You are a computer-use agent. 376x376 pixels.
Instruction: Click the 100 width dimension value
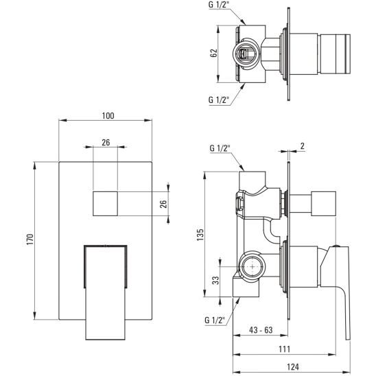coord(107,116)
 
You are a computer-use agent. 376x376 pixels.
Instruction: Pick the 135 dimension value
coord(200,234)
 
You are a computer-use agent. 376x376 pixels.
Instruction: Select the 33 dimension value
coord(214,279)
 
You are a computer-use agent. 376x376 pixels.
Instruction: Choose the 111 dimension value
coord(283,349)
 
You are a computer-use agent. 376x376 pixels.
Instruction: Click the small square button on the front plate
coord(107,203)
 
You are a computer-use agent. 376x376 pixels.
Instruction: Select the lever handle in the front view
coord(107,288)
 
